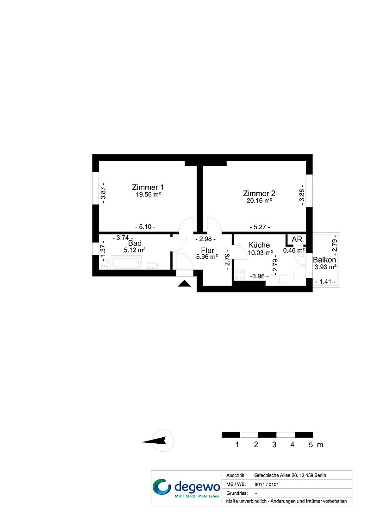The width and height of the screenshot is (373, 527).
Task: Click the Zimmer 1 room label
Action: tap(148, 187)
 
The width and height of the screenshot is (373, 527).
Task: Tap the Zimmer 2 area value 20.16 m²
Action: tap(259, 201)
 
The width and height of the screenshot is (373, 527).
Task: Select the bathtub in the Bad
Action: tap(126, 263)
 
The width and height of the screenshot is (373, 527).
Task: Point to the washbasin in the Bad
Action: tap(153, 265)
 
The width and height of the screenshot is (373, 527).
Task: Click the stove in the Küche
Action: tap(239, 275)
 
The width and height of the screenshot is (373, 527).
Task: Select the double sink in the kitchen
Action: tap(279, 280)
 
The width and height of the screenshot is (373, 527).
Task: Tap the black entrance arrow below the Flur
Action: tap(184, 283)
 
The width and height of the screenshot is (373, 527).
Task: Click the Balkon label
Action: tap(324, 260)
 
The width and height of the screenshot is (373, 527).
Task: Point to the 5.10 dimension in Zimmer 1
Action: tap(145, 227)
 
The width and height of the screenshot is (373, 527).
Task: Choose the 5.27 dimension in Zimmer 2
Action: tap(260, 227)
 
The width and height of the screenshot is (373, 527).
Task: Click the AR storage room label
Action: tap(297, 239)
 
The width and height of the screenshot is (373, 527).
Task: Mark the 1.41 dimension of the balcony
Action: tap(325, 282)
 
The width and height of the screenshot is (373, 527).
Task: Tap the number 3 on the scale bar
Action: tap(274, 444)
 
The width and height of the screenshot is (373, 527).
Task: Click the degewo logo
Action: tap(186, 488)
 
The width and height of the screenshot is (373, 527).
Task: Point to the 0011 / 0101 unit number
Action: tap(267, 484)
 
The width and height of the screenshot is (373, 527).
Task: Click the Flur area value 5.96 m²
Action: tap(207, 257)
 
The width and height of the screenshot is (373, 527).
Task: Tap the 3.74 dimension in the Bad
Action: tap(123, 238)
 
